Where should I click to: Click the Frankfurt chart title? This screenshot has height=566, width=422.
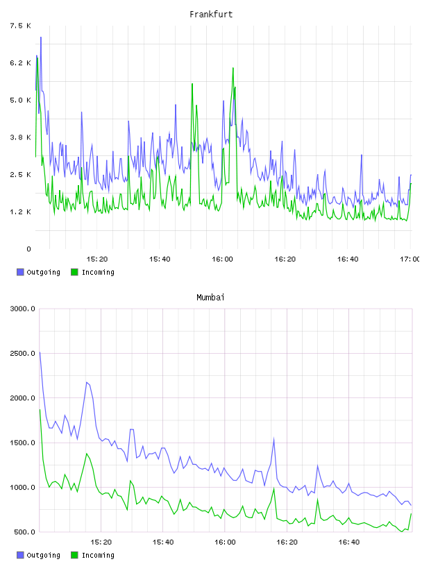pos(211,14)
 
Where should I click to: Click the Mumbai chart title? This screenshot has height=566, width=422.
pos(210,297)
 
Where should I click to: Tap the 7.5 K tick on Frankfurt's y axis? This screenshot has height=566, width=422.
pos(21,26)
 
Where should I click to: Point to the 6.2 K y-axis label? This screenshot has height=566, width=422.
pos(21,63)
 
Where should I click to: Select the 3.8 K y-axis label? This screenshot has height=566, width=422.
pos(21,137)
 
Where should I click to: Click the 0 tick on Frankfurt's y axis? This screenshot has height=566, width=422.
pos(29,249)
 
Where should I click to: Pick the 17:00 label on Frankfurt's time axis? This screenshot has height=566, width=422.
pos(410,259)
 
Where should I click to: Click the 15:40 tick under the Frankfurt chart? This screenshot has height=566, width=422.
pos(160,259)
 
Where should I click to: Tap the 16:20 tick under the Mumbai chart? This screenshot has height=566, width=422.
pos(287,542)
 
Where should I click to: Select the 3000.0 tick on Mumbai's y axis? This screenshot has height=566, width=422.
pos(22,309)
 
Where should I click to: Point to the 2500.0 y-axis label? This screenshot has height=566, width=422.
pos(22,353)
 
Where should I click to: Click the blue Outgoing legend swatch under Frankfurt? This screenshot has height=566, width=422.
pos(20,272)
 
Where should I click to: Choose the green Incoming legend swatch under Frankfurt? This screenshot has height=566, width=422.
pos(74,272)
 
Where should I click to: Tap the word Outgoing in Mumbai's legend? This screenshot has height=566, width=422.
pos(43,555)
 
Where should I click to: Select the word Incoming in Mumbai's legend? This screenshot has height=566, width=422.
pos(98,555)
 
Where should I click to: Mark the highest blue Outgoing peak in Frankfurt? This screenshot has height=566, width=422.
pos(41,37)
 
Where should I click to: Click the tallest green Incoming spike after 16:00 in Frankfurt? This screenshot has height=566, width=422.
pos(233,68)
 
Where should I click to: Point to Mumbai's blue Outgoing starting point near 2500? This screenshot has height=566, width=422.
pos(40,352)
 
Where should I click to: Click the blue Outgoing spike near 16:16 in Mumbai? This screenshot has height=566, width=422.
pos(274,439)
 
